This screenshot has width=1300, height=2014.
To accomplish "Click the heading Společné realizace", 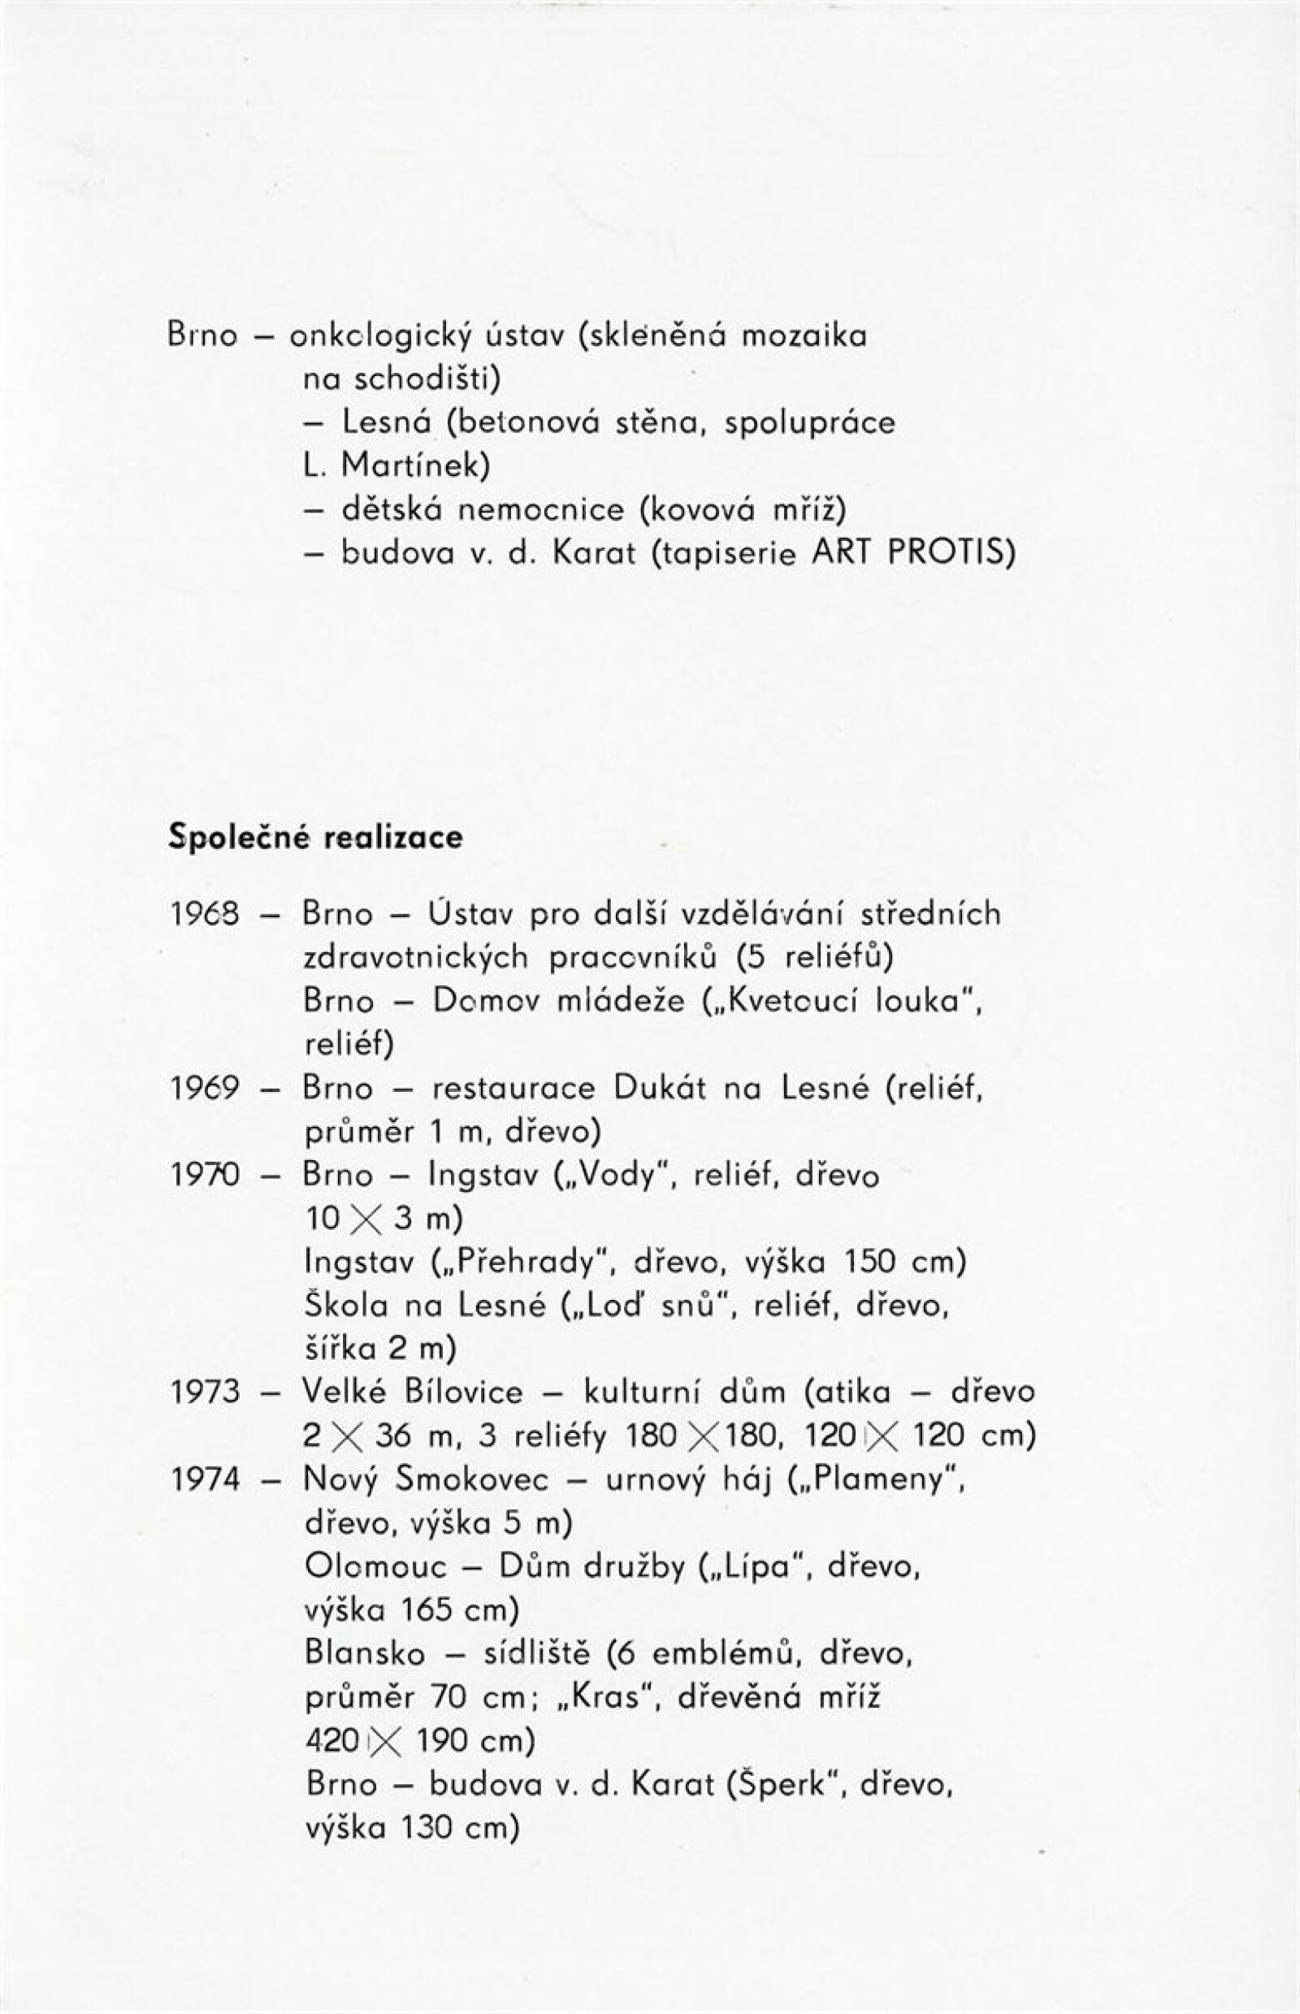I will [x=316, y=838].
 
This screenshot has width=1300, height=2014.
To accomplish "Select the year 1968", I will [x=206, y=914].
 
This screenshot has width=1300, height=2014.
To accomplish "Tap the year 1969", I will [x=206, y=1089].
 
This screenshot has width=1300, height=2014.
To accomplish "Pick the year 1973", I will [x=206, y=1392].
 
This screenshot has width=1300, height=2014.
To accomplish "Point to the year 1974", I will [x=206, y=1479].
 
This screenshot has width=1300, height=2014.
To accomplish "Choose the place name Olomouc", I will [x=375, y=1566].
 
